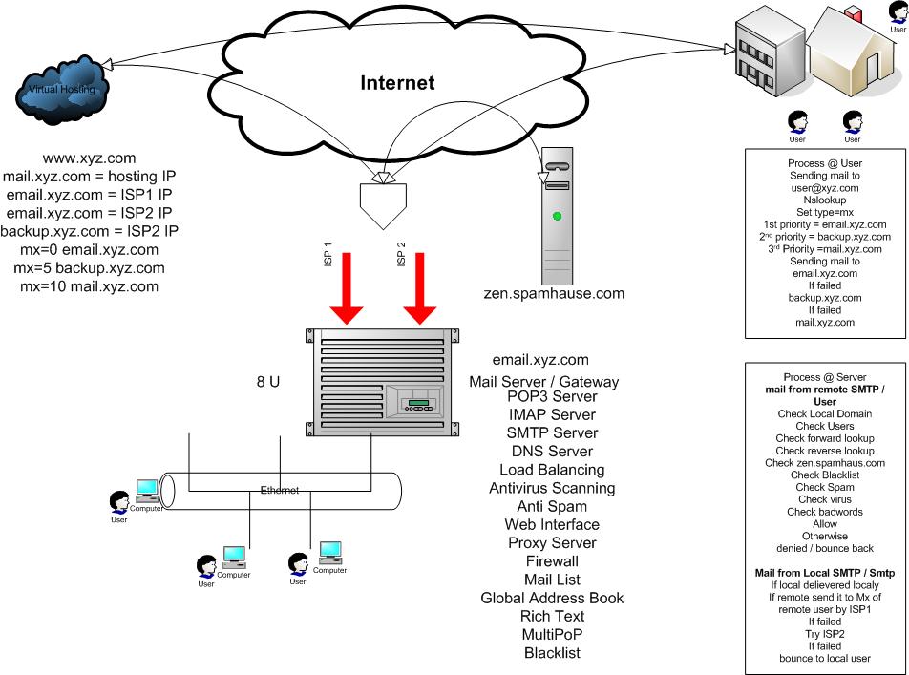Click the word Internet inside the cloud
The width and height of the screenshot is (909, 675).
point(397,83)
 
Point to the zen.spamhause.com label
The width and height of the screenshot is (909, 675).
point(554,294)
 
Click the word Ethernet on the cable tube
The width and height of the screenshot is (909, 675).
point(280,491)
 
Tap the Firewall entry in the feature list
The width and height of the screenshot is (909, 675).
point(552,561)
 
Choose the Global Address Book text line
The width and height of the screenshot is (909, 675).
point(552,598)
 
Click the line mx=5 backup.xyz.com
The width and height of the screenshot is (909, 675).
point(89,268)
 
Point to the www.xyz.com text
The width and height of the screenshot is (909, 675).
point(90,158)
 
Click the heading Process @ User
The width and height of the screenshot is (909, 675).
point(825,163)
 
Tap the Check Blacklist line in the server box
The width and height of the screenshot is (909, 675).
point(825,475)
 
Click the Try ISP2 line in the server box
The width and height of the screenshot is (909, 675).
point(825,634)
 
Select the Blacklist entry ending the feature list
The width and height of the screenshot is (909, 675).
point(552,653)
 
